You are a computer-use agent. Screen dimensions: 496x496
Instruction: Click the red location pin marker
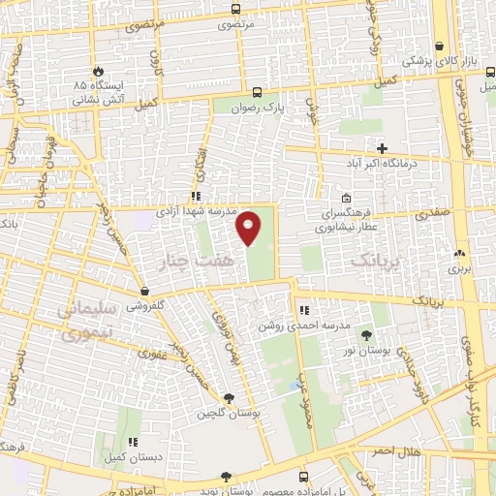250,227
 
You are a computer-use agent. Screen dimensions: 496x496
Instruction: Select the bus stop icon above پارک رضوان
257,92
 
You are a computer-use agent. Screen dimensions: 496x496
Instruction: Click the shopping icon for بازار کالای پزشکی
441,46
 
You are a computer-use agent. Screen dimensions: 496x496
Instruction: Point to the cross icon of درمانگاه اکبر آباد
383,148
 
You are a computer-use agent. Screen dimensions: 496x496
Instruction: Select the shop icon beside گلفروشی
144,290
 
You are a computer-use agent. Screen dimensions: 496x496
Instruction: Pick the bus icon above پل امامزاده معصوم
304,477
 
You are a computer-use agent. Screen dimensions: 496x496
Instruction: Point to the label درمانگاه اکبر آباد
384,164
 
